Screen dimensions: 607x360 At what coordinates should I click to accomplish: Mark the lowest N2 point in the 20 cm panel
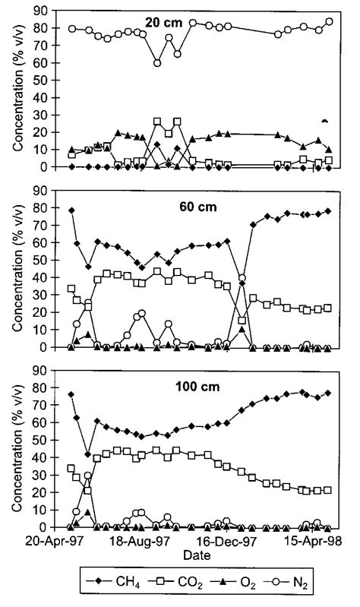pyautogui.click(x=156, y=62)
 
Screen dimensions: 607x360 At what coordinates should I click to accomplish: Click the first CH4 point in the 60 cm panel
pyautogui.click(x=71, y=210)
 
